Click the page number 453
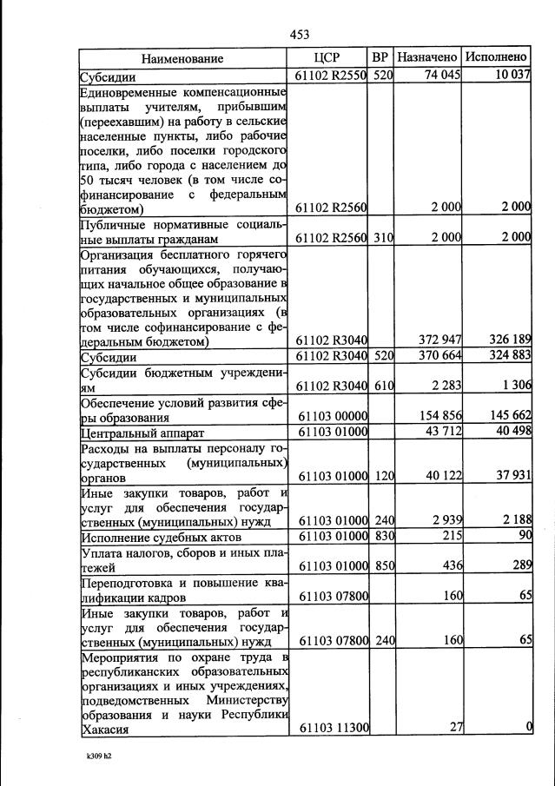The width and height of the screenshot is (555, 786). pyautogui.click(x=299, y=35)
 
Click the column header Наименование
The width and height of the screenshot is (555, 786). pyautogui.click(x=182, y=58)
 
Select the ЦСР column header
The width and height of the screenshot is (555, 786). pyautogui.click(x=328, y=58)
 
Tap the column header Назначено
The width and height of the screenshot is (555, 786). pyautogui.click(x=427, y=58)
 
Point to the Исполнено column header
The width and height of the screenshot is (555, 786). pyautogui.click(x=496, y=58)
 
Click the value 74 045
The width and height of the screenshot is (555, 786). pyautogui.click(x=441, y=76)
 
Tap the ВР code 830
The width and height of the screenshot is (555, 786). pyautogui.click(x=384, y=537)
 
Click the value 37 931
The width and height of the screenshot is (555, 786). pyautogui.click(x=511, y=477)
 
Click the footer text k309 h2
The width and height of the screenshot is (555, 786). pyautogui.click(x=95, y=756)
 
